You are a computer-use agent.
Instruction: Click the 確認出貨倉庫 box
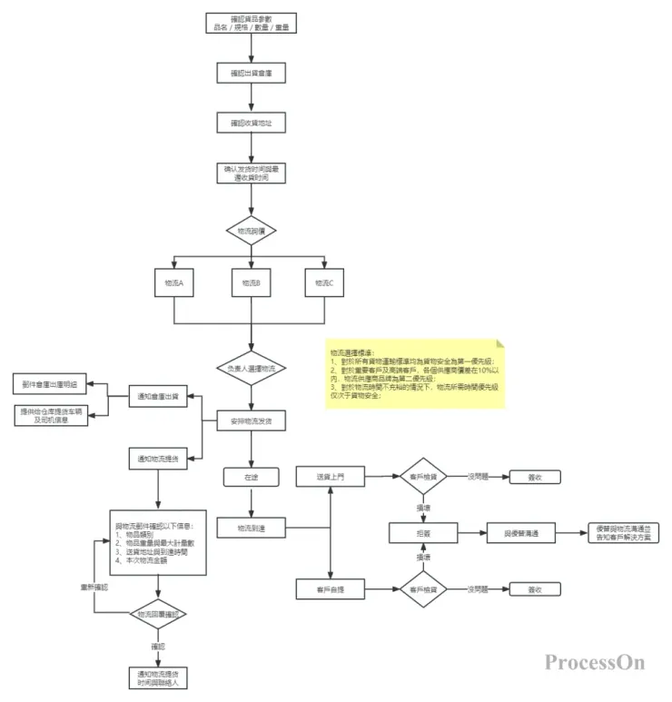point(251,72)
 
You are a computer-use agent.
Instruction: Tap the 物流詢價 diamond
point(251,231)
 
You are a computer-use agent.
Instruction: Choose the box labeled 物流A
point(174,283)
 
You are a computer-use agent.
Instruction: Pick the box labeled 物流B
point(251,283)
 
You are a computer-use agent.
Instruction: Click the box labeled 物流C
point(325,283)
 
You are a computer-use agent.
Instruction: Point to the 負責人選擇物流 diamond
point(251,368)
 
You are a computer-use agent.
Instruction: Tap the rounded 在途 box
point(251,476)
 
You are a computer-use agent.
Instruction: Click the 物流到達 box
point(251,527)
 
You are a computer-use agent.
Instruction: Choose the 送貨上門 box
point(330,476)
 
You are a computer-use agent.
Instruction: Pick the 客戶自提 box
point(330,591)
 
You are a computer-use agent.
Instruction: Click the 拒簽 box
point(424,534)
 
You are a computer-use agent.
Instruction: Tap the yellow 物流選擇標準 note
point(416,372)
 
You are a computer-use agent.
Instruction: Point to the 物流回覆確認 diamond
point(158,615)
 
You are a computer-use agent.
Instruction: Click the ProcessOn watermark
point(595,662)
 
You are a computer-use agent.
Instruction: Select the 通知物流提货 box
point(158,459)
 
